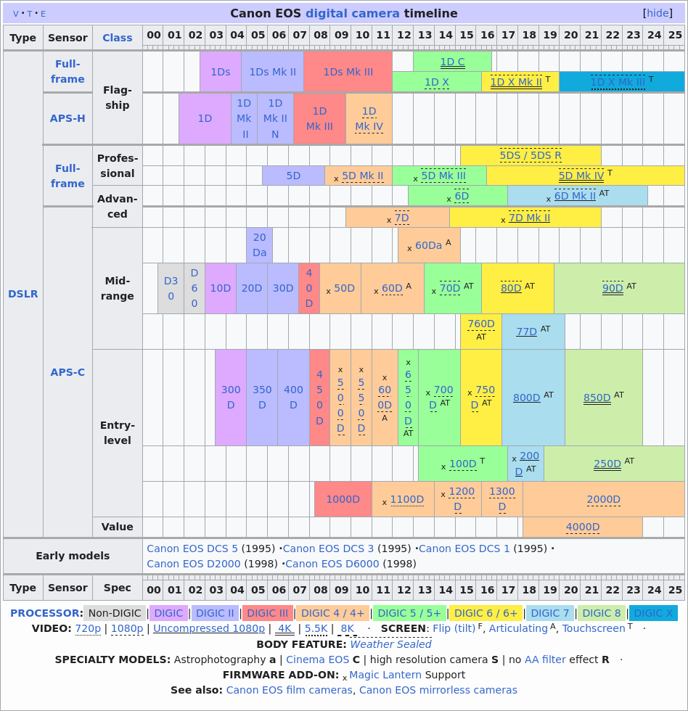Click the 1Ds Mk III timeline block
[x=348, y=72]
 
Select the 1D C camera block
[x=452, y=62]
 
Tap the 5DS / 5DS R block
[x=531, y=155]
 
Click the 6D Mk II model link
[x=575, y=196]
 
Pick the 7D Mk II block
[x=529, y=218]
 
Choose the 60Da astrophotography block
[x=428, y=245]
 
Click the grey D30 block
[x=171, y=288]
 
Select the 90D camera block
[x=613, y=288]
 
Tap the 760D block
[x=480, y=324]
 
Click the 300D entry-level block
[x=231, y=397]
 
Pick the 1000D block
[x=343, y=499]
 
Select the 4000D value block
[x=583, y=527]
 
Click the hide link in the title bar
[x=658, y=13]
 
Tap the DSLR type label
[x=23, y=294]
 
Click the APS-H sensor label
[x=67, y=118]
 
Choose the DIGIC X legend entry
[x=653, y=613]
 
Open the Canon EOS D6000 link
[x=332, y=564]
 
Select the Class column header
[x=118, y=38]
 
